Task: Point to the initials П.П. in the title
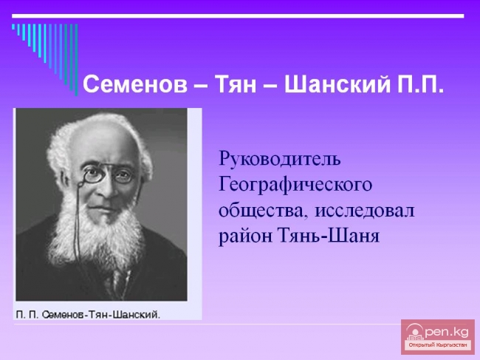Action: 420,84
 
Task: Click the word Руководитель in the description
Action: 279,159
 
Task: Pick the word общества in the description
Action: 258,211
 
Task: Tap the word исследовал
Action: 365,211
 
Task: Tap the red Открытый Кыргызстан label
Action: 438,345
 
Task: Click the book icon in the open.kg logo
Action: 416,330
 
